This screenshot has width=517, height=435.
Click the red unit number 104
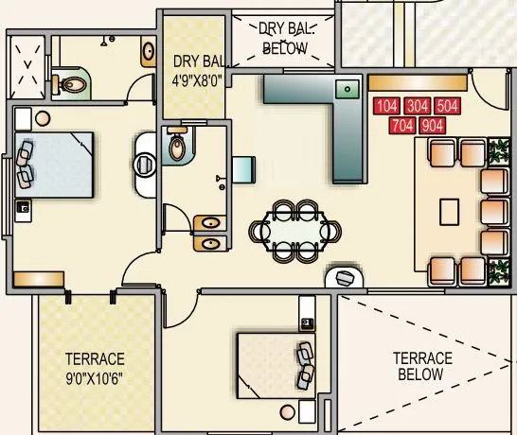pos(387,106)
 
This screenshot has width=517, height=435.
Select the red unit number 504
pos(448,106)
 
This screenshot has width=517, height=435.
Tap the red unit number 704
pos(402,124)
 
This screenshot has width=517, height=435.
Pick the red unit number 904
pos(433,124)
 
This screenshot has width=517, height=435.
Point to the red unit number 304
pos(418,106)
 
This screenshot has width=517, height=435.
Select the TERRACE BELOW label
pos(423,366)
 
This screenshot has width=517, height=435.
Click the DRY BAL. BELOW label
pos(285,37)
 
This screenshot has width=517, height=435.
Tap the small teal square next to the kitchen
pos(243,168)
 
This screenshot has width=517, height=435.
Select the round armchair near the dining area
pos(346,277)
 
